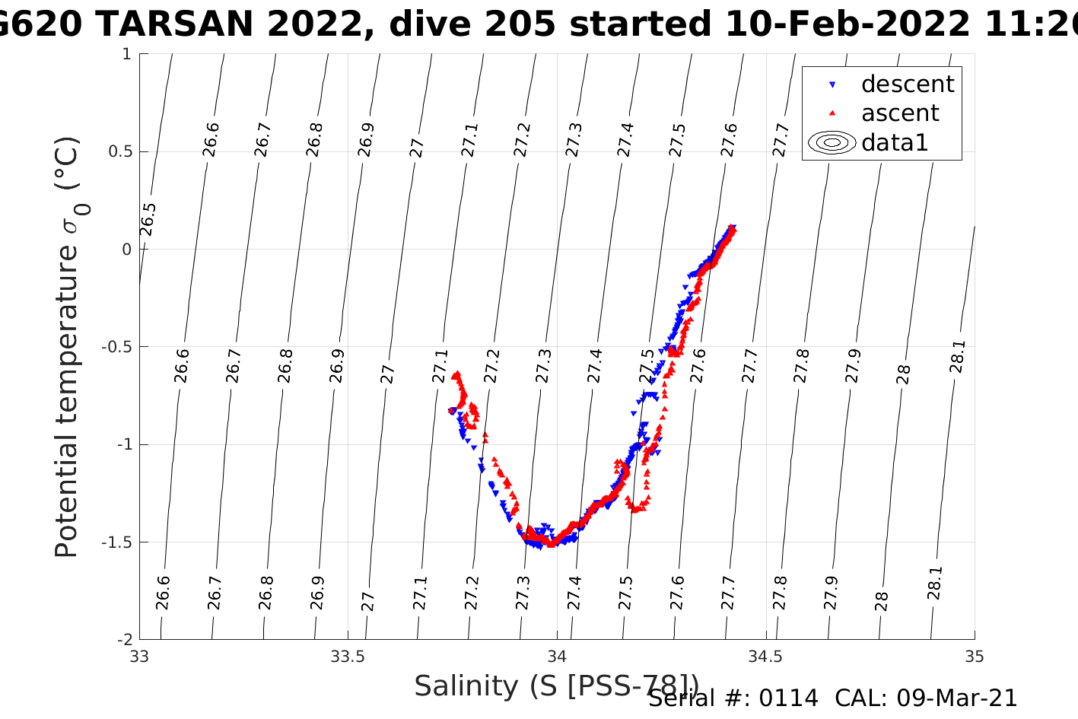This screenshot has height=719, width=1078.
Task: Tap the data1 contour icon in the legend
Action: click(x=832, y=143)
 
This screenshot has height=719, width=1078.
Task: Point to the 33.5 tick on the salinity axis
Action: click(x=348, y=657)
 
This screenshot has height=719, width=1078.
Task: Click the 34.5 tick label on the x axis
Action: click(x=765, y=657)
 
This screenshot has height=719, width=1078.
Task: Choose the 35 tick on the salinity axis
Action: click(x=974, y=657)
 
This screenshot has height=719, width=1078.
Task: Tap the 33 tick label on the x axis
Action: click(x=139, y=657)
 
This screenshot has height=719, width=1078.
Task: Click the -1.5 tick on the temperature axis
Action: click(x=117, y=542)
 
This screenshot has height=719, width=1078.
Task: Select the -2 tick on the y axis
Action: click(x=124, y=640)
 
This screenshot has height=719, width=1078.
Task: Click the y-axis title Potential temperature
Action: click(x=67, y=347)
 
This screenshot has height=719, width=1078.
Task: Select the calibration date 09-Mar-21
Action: click(x=956, y=698)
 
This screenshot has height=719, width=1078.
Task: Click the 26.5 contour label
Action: click(x=148, y=220)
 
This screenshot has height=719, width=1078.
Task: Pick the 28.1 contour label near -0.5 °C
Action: click(x=957, y=357)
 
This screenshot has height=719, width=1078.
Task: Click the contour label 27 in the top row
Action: click(x=417, y=148)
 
